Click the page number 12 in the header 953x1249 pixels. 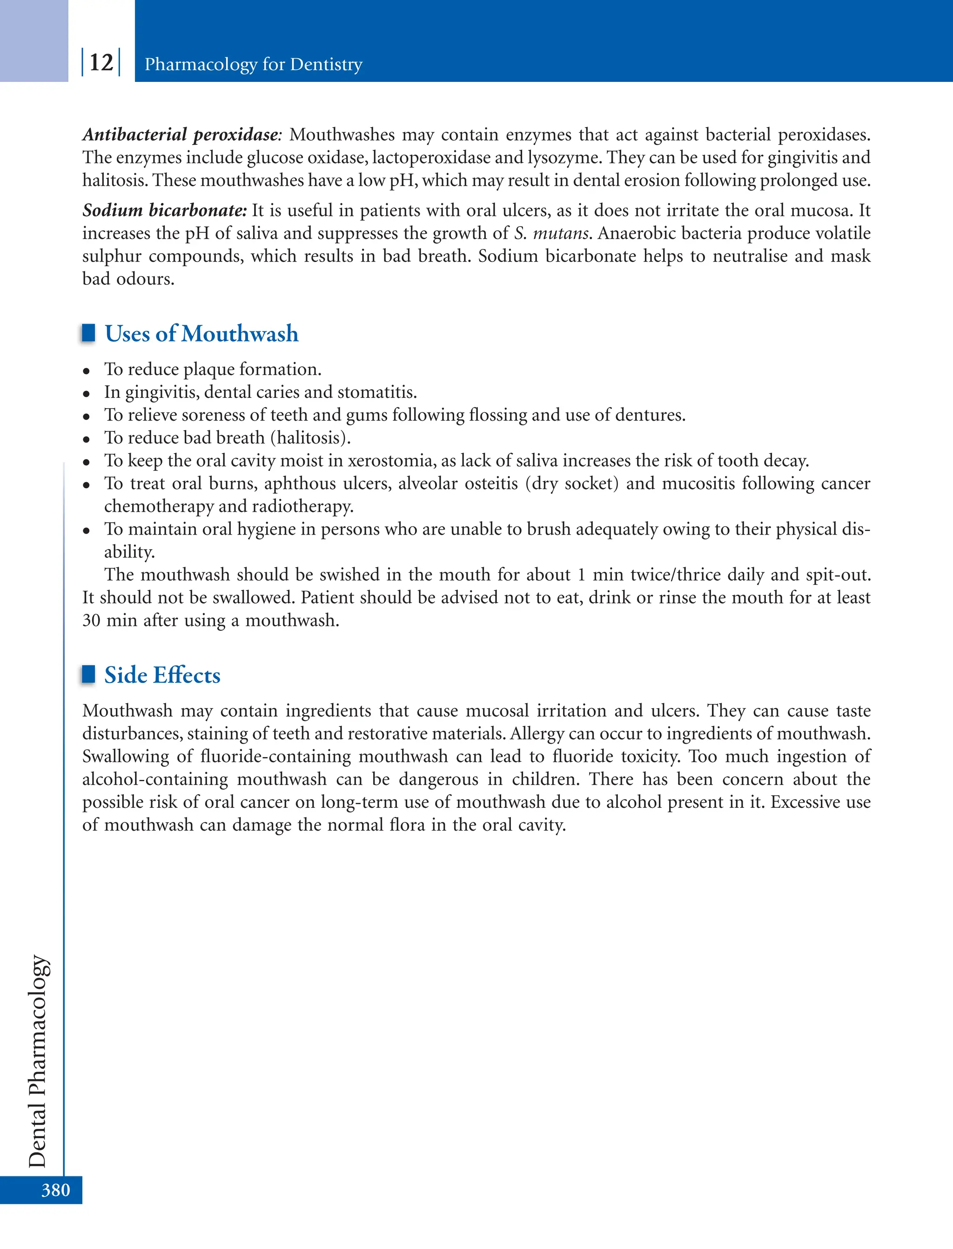[101, 62]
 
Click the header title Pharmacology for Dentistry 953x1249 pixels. [253, 64]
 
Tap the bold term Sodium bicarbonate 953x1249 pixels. [164, 210]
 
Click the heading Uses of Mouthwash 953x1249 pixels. [201, 334]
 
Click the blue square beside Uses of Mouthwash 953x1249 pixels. [88, 333]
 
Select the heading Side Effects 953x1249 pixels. [162, 675]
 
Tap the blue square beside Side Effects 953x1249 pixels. [88, 674]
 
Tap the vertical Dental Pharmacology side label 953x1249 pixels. [37, 1061]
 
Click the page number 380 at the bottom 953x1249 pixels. [55, 1189]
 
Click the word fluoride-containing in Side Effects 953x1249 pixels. [275, 757]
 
